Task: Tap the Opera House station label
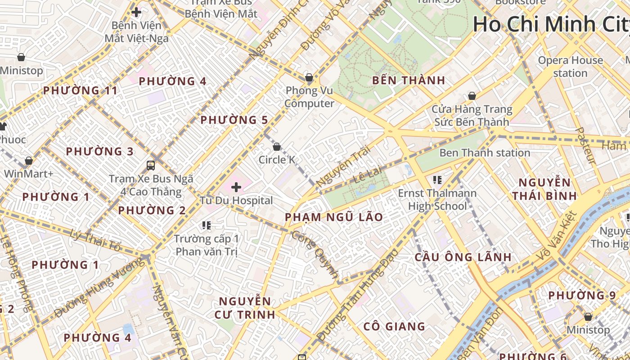(570, 67)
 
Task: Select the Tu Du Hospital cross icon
(236, 187)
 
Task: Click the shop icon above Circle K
(277, 147)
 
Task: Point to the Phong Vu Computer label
(309, 97)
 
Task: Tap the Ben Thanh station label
(485, 153)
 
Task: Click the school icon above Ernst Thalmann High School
(437, 180)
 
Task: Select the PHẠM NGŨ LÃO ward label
(334, 217)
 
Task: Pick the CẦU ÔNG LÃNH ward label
(463, 257)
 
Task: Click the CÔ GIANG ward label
(394, 326)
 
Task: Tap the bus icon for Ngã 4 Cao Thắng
(151, 165)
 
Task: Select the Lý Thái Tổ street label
(96, 240)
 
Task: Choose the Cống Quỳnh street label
(315, 254)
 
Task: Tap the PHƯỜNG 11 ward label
(80, 90)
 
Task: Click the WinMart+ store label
(29, 173)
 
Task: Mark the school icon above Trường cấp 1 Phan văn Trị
(207, 225)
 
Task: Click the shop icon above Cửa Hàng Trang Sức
(472, 96)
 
